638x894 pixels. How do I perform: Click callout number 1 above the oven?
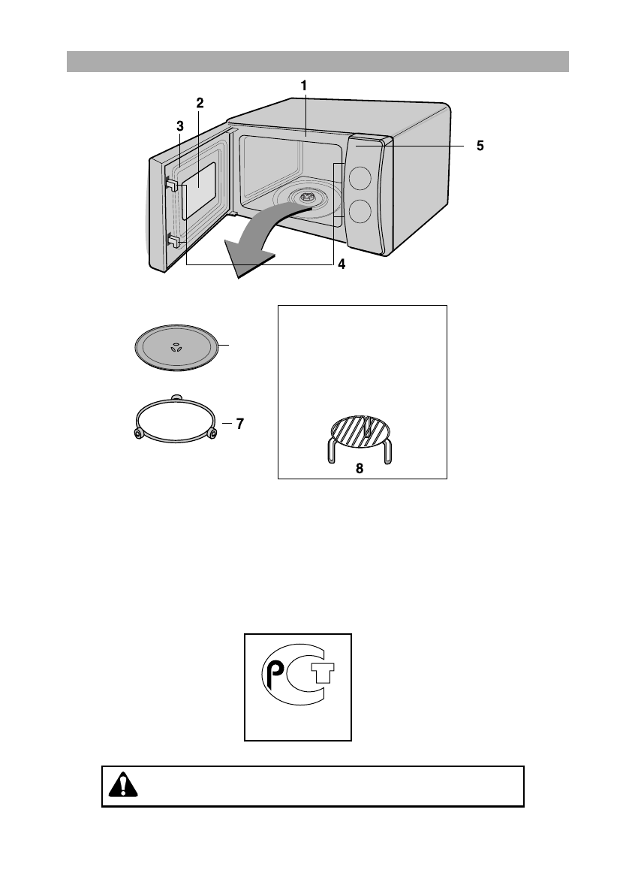pos(304,86)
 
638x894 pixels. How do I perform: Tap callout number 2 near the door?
pos(200,101)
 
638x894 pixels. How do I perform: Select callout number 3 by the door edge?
pos(180,127)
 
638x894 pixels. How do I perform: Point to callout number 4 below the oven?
pos(342,264)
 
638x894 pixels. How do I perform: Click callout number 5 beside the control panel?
pos(480,147)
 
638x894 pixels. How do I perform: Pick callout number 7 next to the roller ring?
pos(239,424)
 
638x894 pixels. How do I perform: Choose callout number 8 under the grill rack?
pos(360,468)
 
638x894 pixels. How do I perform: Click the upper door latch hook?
pos(171,185)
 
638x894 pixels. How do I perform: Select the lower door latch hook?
pos(173,241)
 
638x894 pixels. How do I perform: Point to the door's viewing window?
pos(200,188)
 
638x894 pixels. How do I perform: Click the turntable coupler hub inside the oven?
pos(305,198)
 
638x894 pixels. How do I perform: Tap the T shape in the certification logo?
pos(321,674)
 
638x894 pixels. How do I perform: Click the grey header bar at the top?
pos(317,62)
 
